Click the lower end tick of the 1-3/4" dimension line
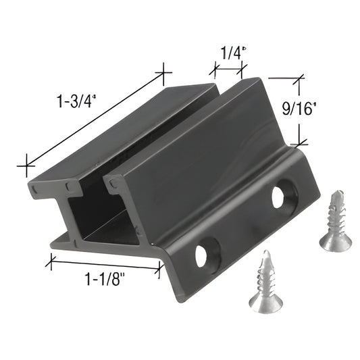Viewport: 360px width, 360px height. click(26, 163)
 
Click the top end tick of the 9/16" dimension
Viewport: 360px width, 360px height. click(297, 79)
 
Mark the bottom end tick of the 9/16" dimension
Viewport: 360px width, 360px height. click(298, 143)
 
